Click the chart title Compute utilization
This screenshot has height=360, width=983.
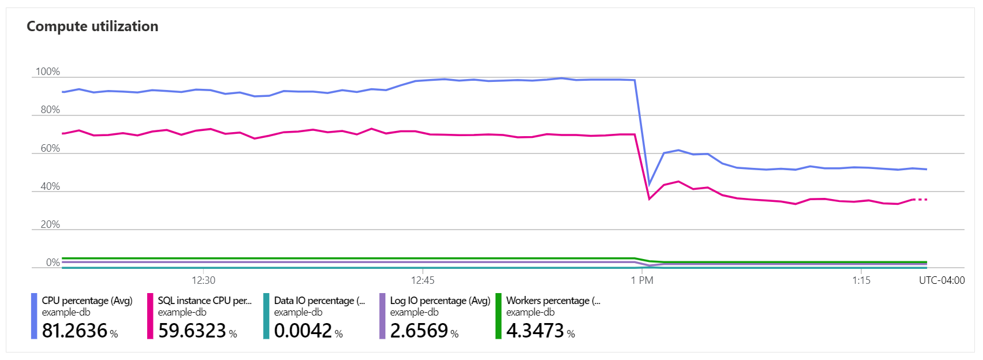92,27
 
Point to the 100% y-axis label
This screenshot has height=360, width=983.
48,72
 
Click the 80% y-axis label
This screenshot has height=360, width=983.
50,110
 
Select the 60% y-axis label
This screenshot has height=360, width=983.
50,148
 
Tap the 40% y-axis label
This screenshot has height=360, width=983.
50,186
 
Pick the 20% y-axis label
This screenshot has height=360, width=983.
50,224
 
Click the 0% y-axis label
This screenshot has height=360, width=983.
53,262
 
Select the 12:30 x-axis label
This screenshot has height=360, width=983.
204,280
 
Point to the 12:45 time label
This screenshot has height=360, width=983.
423,280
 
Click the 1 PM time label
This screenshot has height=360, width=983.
642,280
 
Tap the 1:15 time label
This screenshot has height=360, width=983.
861,280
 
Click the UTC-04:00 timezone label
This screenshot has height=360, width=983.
941,280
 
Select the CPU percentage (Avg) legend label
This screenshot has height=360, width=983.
87,301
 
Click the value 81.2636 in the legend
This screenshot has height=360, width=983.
75,331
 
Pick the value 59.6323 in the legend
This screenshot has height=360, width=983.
192,331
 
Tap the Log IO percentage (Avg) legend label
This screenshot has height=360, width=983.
440,301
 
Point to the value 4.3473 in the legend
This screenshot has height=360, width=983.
535,331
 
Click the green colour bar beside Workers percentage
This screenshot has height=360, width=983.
498,316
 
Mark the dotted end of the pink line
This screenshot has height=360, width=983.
921,200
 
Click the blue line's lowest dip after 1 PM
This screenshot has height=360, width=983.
650,185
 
